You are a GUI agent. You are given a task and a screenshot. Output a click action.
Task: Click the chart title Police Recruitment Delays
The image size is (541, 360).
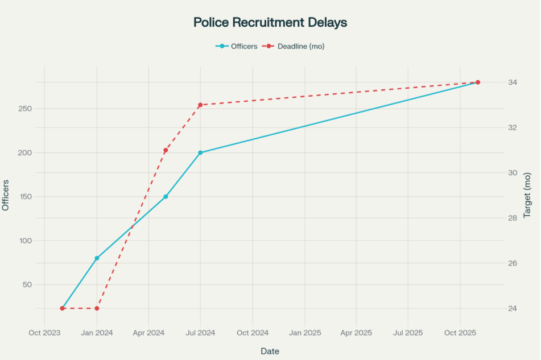(270, 23)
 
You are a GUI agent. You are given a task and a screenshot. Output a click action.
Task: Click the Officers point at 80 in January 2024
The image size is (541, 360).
(97, 258)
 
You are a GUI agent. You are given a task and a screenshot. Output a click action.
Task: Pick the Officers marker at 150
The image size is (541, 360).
(166, 197)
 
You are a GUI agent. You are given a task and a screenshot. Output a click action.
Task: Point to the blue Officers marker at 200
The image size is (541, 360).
(200, 153)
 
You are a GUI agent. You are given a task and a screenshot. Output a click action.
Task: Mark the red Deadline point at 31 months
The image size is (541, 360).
(166, 150)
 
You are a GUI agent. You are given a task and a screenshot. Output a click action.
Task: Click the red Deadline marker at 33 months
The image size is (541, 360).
(200, 105)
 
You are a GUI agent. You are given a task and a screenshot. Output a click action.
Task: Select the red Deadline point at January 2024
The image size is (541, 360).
(97, 308)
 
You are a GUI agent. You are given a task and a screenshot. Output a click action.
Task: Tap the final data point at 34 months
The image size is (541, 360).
(478, 82)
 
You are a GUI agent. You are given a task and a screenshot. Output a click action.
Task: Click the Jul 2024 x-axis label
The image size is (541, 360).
(200, 333)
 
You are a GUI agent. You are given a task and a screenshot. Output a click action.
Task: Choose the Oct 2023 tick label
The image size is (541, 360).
(44, 333)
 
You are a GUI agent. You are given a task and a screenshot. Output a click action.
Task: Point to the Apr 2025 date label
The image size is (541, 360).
(356, 333)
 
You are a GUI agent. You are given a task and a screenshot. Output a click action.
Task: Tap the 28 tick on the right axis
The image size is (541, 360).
(513, 218)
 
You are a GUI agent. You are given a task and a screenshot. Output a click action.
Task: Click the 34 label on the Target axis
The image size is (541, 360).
(513, 82)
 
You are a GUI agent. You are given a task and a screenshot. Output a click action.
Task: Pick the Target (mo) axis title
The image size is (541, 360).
(527, 195)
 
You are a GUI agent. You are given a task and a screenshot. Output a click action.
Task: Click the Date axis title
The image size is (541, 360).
(270, 351)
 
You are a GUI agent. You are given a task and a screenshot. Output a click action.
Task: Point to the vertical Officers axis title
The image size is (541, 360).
(6, 195)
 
